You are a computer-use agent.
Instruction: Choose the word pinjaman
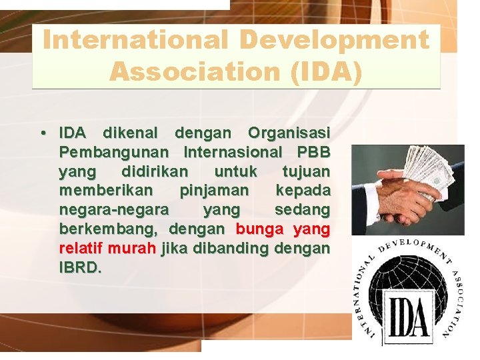click(214, 191)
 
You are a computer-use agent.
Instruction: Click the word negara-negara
click(114, 210)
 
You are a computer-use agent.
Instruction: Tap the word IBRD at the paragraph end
click(80, 268)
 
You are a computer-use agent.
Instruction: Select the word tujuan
click(306, 172)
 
